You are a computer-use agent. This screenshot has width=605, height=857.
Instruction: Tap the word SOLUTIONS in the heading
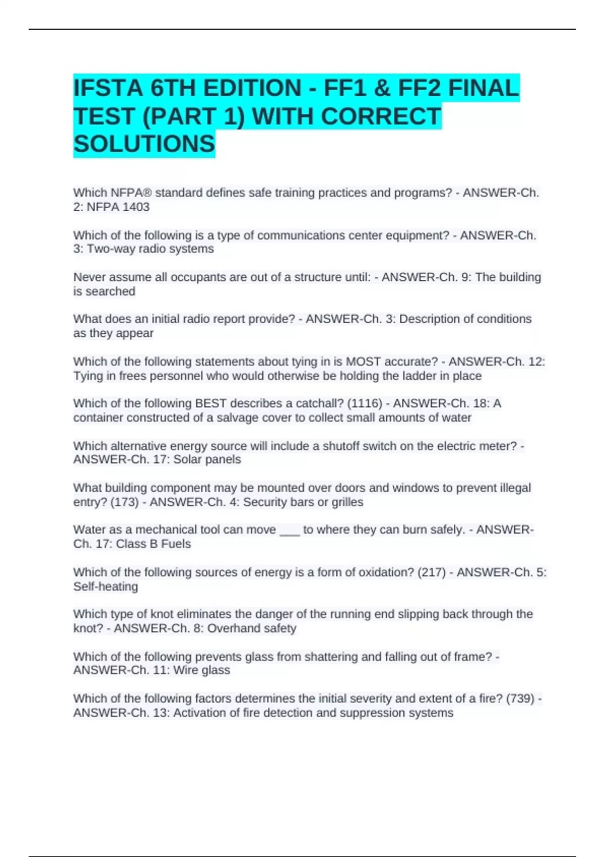pyautogui.click(x=144, y=144)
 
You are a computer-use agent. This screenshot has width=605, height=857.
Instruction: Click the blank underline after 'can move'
pyautogui.click(x=289, y=531)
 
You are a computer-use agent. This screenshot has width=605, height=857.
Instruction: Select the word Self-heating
pyautogui.click(x=105, y=586)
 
